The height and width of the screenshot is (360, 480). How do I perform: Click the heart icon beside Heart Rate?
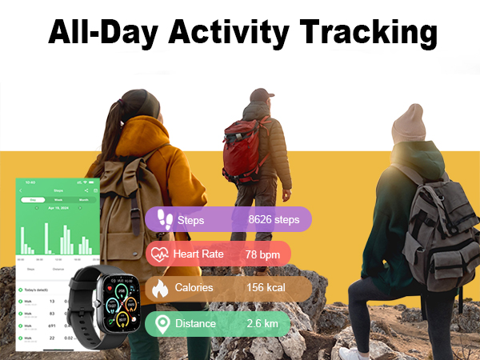tap(158, 254)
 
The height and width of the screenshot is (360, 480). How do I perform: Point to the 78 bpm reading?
tap(263, 254)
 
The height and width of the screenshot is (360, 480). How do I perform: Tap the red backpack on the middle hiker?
tap(243, 147)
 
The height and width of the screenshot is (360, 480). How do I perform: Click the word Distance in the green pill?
tap(195, 323)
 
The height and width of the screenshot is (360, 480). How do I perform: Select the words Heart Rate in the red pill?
tap(202, 254)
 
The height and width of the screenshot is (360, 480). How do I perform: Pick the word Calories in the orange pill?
tap(194, 288)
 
